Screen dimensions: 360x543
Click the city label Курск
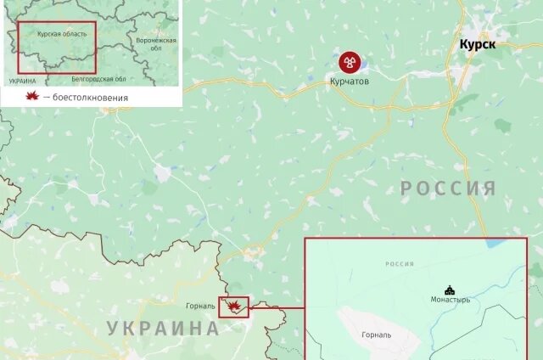[x=477, y=45]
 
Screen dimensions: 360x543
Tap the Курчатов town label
[x=350, y=82]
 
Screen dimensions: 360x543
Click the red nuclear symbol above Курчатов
[x=350, y=61]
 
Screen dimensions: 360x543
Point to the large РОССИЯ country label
[x=448, y=188]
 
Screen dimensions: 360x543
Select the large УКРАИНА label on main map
[x=162, y=329]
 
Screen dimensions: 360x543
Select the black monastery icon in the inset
[x=449, y=289]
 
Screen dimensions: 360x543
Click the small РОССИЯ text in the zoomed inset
[x=399, y=264]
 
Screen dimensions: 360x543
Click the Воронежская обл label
[x=155, y=43]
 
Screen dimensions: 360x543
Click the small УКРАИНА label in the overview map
[x=22, y=81]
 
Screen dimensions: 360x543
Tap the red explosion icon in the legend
[x=33, y=96]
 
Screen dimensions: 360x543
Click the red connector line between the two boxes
[x=277, y=307]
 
